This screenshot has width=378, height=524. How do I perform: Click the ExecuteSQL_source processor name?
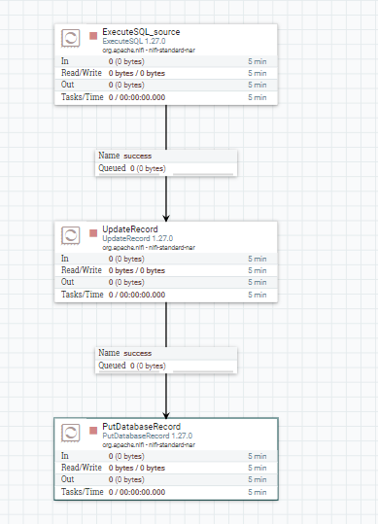click(141, 32)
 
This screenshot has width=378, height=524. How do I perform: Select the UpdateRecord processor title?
click(130, 229)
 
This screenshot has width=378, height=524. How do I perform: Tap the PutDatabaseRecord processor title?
click(141, 427)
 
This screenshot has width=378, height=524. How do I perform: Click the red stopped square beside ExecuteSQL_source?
click(93, 36)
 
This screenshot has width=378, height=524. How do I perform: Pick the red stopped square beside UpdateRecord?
click(93, 233)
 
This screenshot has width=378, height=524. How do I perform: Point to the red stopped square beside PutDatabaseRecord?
click(93, 431)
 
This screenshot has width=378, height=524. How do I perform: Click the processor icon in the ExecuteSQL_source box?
click(71, 38)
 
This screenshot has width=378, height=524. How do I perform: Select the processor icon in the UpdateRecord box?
click(71, 235)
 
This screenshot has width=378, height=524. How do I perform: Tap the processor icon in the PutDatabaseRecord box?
click(71, 434)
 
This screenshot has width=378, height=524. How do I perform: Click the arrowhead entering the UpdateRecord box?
click(166, 218)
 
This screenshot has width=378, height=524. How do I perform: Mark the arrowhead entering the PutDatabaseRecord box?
click(166, 415)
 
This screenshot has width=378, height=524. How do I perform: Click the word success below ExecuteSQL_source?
click(138, 157)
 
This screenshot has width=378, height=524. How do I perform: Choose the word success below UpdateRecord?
click(138, 353)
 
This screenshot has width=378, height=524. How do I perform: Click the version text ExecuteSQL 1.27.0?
click(134, 41)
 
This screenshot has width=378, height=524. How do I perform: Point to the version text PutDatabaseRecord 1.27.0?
click(148, 436)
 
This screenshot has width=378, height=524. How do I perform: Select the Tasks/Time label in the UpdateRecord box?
click(83, 295)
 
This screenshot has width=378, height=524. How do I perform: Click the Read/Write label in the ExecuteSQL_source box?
click(82, 73)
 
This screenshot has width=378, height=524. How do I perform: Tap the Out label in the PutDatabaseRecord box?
click(67, 479)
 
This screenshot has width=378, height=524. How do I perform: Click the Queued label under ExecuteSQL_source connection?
click(112, 168)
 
